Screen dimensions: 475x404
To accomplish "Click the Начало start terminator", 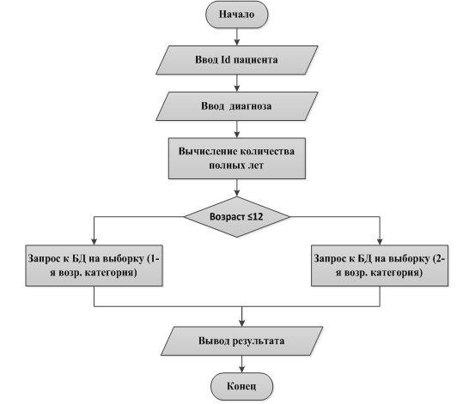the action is point(236,15).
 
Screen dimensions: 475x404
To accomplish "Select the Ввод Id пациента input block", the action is point(236,60).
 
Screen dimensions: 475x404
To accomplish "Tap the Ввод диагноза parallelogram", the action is point(236,106).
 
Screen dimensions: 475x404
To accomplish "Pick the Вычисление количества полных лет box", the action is point(237,159).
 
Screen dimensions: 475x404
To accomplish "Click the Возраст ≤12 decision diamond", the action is point(237,217).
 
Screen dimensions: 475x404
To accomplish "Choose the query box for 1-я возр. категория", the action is point(94,265).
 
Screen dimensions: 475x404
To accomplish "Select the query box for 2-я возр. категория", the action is point(380,265).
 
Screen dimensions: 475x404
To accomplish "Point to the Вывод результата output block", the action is point(241,341).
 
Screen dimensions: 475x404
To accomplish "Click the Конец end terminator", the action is point(241,387).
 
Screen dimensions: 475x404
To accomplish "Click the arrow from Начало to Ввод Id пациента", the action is point(237,37).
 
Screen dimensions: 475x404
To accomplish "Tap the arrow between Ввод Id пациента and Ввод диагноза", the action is point(237,83).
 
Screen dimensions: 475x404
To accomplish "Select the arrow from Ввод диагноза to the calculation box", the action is point(237,130).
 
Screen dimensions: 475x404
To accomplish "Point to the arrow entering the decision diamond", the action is point(237,188).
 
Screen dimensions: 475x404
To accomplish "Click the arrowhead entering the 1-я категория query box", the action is point(94,242).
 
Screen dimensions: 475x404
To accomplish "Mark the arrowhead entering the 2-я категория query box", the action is point(380,242).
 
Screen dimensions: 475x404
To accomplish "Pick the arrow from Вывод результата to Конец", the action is point(241,364).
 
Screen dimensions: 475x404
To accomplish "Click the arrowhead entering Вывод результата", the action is point(241,323).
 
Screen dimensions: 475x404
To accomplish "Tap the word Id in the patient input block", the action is point(224,60).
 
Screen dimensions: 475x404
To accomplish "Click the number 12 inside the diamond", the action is point(258,217).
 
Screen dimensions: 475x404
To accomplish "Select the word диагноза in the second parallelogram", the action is point(250,106).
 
